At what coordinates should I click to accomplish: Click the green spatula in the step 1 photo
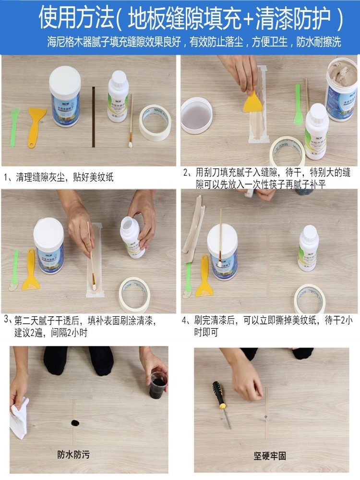pos(14,127)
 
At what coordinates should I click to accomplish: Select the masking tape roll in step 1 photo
pos(155,122)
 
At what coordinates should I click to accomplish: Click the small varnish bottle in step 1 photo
pos(118,97)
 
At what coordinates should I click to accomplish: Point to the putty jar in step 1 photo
pos(65,97)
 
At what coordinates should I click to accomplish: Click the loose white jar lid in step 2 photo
pos(196,115)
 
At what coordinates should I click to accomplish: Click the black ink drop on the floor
pos(75,423)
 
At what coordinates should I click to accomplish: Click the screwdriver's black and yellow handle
pos(219,395)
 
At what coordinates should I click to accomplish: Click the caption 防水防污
pos(73,454)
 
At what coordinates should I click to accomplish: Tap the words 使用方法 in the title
pos(74,19)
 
